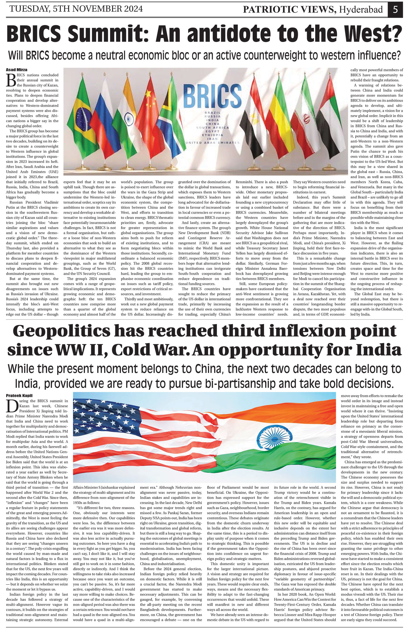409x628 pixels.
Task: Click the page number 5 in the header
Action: [x=395, y=9]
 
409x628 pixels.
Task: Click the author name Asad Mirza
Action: [x=15, y=70]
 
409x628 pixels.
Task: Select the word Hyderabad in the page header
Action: [x=361, y=10]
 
